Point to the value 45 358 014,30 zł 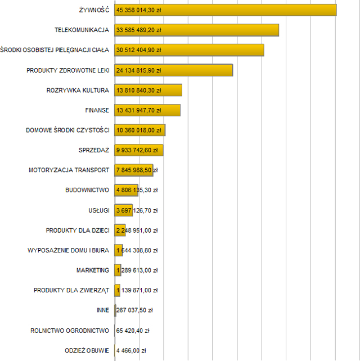pos(138,10)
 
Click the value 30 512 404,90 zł pos(138,50)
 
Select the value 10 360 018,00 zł pos(138,130)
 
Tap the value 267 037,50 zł pos(134,310)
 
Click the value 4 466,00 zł pos(131,350)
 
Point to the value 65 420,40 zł pos(133,330)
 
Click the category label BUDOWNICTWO pos(87,190)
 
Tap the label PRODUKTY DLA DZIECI pos(78,230)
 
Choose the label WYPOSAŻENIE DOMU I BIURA pos(69,250)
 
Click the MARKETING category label pos(93,270)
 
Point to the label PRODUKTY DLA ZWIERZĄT pos(71,290)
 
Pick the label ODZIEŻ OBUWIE pos(87,350)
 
